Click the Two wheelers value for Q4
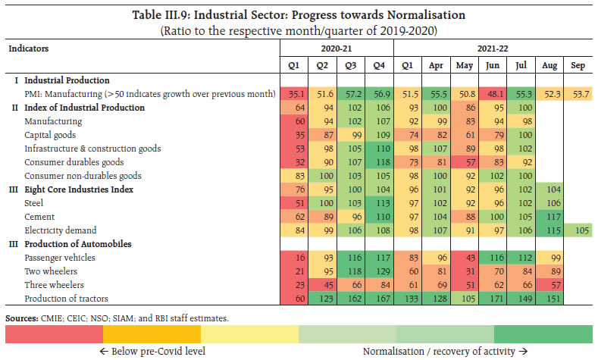[x=380, y=271]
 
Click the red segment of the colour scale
[x=54, y=334]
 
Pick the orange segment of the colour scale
[x=152, y=334]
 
